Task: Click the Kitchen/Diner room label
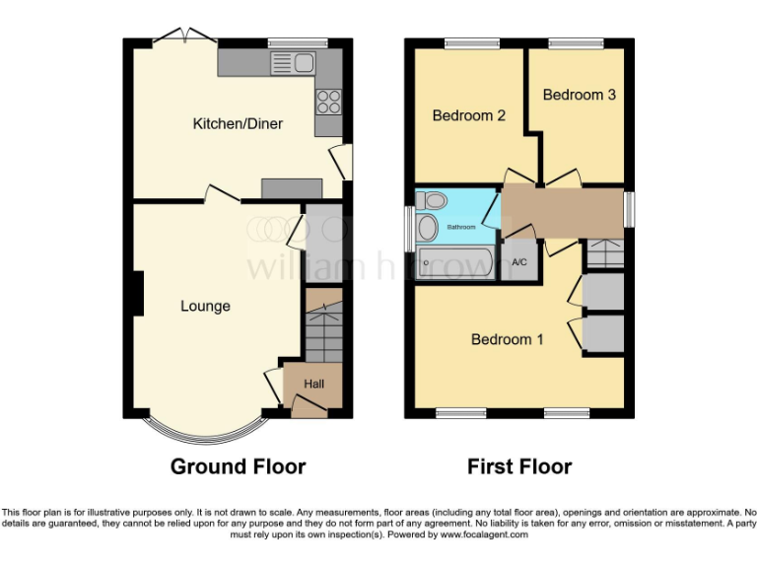(x=238, y=123)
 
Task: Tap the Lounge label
(x=205, y=306)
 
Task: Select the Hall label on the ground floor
(x=313, y=384)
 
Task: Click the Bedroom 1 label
(x=507, y=339)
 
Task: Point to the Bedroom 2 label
(x=469, y=115)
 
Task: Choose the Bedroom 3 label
(x=580, y=95)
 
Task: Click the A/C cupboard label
(x=519, y=262)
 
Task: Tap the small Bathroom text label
(x=461, y=227)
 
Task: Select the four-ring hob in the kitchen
(x=327, y=101)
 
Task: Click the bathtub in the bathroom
(x=454, y=263)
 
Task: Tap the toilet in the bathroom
(x=432, y=201)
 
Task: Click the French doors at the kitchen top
(x=185, y=37)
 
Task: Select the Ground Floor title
(x=238, y=466)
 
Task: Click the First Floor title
(x=519, y=466)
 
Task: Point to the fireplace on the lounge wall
(x=138, y=294)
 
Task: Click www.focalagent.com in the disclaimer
(x=484, y=534)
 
